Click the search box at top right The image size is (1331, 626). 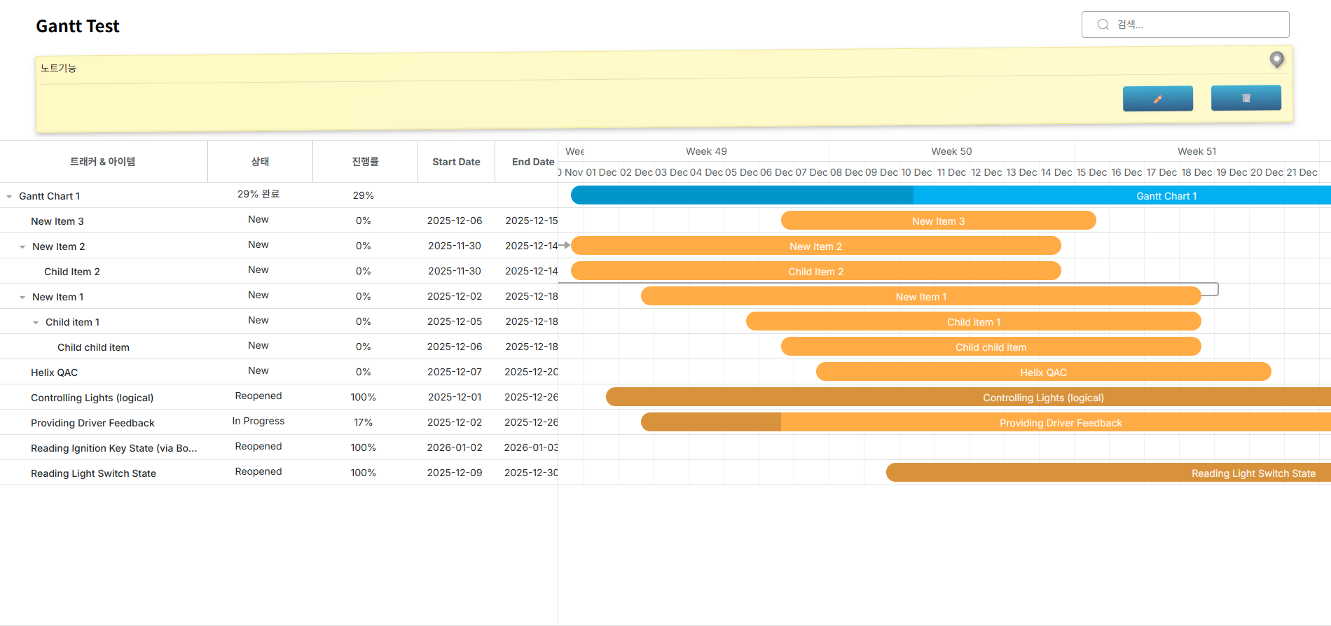point(1185,25)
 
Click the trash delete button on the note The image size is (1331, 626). point(1246,98)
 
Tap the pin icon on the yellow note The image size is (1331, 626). point(1276,60)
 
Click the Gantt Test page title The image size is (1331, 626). point(78,27)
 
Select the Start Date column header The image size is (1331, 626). point(456,162)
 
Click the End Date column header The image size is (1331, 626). point(532,162)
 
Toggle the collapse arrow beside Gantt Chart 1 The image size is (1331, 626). point(9,197)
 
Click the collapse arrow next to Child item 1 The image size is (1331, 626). point(36,323)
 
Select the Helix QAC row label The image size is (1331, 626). point(54,373)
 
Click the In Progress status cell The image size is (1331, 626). point(258,421)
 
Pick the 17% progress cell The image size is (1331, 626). point(363,422)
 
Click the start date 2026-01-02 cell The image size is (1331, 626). point(455,447)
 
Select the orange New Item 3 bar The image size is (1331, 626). point(938,221)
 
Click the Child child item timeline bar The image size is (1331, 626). point(991,347)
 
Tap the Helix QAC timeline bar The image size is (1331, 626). point(1043,373)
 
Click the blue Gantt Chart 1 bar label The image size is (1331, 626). point(1166,196)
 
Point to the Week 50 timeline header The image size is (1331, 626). point(951,151)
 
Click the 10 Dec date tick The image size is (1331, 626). point(916,172)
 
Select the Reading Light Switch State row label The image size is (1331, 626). point(93,473)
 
